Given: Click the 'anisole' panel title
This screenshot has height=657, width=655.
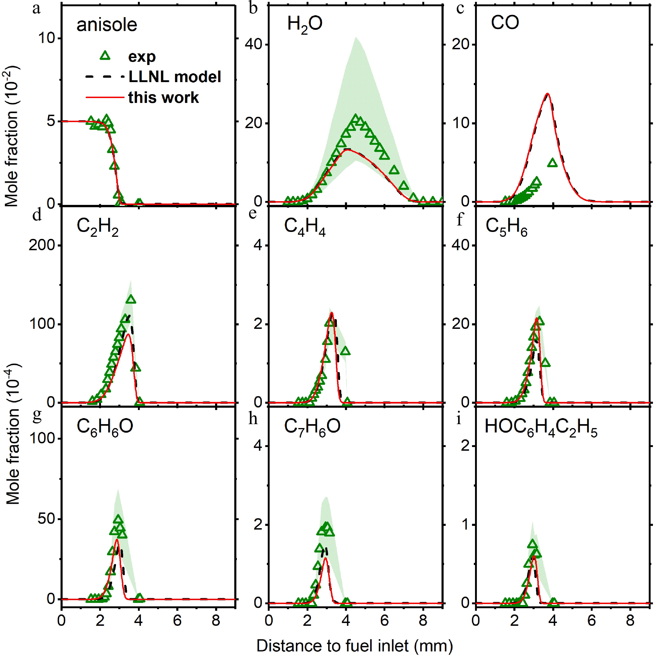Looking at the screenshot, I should coord(107,25).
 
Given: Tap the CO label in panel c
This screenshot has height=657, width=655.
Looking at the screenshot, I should coord(505,23).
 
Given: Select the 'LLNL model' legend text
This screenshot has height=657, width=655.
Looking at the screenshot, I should coord(175,77).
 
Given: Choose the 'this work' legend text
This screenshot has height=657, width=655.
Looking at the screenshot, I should coord(163,98).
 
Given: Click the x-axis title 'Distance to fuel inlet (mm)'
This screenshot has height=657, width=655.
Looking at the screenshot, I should coord(354,645).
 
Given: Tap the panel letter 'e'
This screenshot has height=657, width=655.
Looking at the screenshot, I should coord(253,214).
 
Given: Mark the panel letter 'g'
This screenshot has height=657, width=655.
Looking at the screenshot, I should coord(37,416).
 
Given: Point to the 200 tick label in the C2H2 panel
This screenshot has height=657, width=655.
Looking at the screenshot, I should coord(42,245).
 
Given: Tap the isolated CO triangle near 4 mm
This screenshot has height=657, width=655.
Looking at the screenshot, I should coord(553,163).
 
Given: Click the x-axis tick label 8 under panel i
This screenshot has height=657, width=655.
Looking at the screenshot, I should coord(630,621).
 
